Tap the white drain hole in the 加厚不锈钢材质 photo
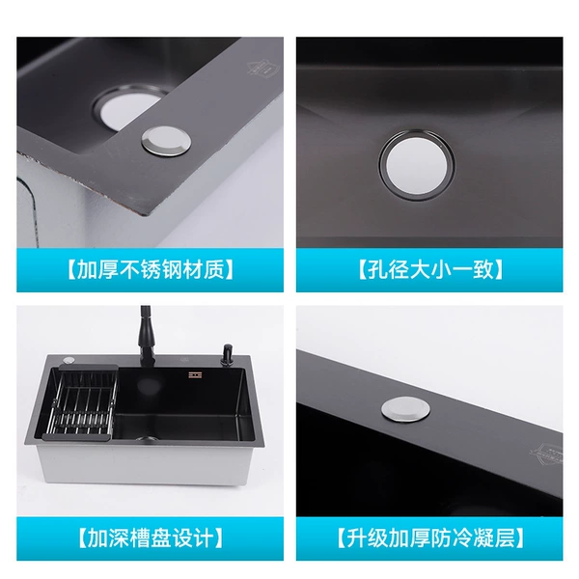tap(129, 110)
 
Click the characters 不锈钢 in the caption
tap(151, 270)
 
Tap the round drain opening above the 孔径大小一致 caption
tap(417, 165)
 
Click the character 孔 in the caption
tap(376, 270)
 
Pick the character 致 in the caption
tap(483, 270)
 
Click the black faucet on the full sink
tap(147, 335)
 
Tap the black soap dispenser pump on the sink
tap(226, 355)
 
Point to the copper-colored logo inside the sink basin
tap(195, 374)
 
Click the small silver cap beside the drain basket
tap(69, 359)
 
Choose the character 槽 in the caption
tap(140, 538)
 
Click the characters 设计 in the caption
tap(193, 538)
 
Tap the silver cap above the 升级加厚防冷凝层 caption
tap(405, 409)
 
